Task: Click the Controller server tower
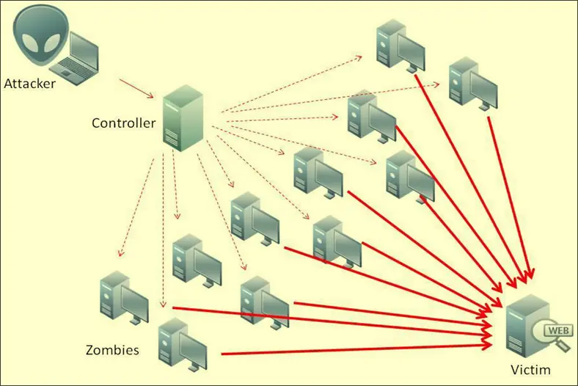(181, 118)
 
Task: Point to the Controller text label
(123, 123)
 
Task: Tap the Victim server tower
(524, 327)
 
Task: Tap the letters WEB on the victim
(559, 330)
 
